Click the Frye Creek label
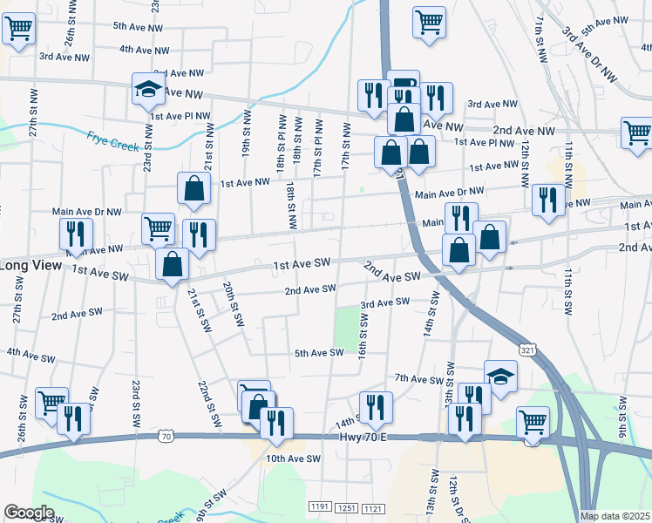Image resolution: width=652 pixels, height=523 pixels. pyautogui.click(x=112, y=140)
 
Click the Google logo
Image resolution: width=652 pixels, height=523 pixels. pyautogui.click(x=29, y=513)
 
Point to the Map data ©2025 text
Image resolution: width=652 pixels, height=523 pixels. pyautogui.click(x=615, y=516)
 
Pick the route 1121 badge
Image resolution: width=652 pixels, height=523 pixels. pyautogui.click(x=373, y=506)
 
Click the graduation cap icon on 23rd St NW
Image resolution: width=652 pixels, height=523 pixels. pyautogui.click(x=149, y=88)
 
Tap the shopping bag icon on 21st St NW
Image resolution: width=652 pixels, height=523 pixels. pyautogui.click(x=194, y=187)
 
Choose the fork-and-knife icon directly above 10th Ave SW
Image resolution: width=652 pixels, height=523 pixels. pyautogui.click(x=277, y=425)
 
